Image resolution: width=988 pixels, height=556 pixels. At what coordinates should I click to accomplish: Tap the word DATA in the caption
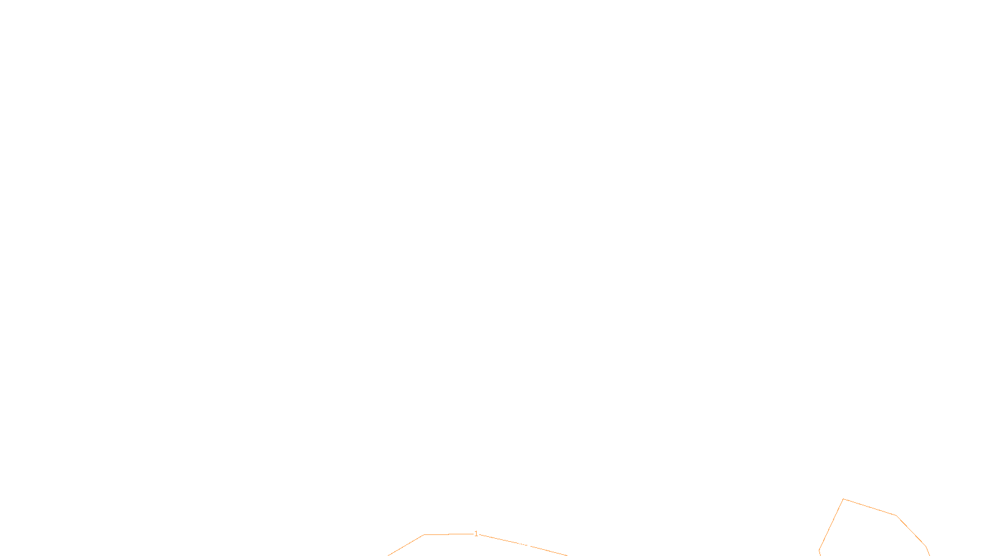click(x=522, y=546)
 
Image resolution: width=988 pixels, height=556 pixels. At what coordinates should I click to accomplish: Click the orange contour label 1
click(x=476, y=534)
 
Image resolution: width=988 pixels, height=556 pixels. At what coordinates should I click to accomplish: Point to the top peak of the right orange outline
click(x=843, y=499)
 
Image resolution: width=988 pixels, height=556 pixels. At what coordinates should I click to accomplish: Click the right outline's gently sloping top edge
click(x=869, y=507)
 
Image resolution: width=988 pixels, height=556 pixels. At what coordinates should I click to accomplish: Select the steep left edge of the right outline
click(x=831, y=524)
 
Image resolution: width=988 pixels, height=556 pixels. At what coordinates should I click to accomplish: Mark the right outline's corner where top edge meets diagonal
click(x=896, y=515)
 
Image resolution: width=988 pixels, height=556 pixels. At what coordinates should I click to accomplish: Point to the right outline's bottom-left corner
click(x=819, y=550)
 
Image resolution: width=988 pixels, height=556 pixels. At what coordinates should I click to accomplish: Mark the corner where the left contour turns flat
click(x=424, y=535)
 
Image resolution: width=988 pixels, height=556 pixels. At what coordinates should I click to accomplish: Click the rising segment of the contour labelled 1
click(x=406, y=545)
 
